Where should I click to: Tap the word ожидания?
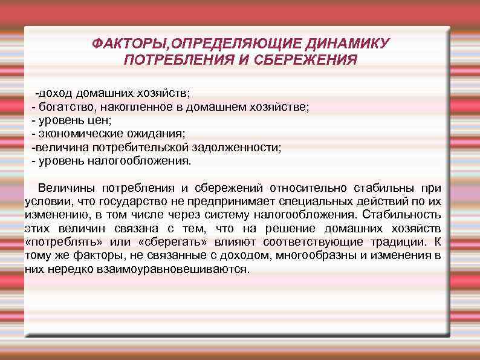(157, 134)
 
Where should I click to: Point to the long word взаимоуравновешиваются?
(172, 269)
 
